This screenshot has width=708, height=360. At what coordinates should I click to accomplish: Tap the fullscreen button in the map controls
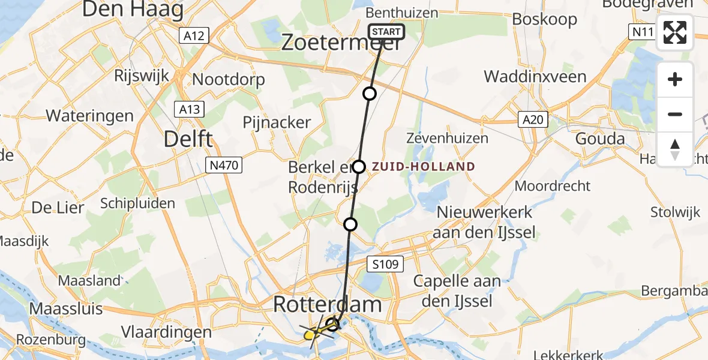point(675,32)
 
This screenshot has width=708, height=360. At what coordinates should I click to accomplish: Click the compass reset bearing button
point(675,149)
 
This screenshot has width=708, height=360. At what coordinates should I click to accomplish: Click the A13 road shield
point(189,109)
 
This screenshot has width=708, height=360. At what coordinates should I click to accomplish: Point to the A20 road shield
point(532,120)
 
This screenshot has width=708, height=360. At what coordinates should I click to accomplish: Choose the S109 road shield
point(383,263)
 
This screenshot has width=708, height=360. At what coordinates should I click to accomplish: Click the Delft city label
point(188,139)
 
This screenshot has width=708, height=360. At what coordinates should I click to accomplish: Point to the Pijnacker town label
point(277,122)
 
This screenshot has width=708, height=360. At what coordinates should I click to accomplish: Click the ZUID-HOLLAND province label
point(424,167)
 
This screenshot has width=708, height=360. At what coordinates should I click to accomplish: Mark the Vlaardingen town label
point(166,332)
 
